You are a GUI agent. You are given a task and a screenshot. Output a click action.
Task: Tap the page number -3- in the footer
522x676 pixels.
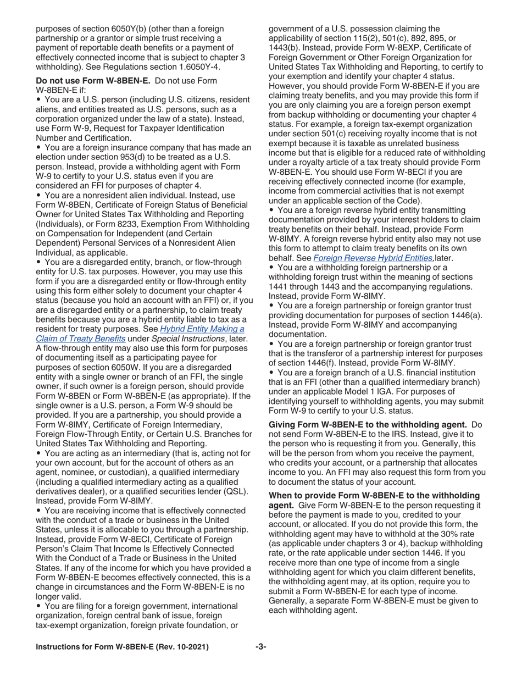point(260,647)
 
